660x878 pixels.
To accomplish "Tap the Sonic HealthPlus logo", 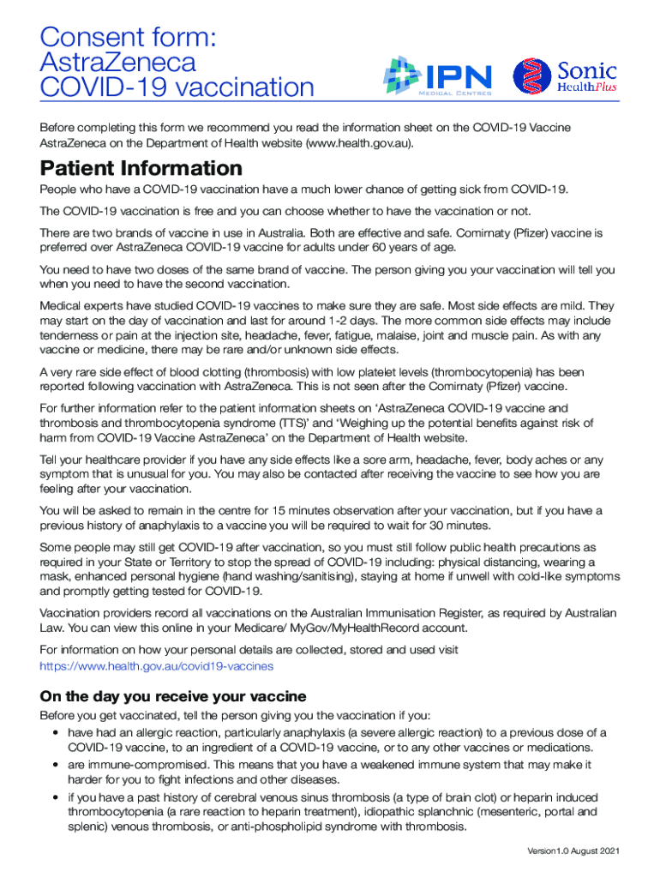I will pyautogui.click(x=565, y=76).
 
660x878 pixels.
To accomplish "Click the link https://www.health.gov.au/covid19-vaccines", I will pyautogui.click(x=157, y=665).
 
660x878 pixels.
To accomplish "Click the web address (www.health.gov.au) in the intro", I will pyautogui.click(x=359, y=142).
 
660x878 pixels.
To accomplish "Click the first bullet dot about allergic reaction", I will pyautogui.click(x=55, y=733).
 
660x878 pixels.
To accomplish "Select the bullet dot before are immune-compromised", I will pyautogui.click(x=55, y=765).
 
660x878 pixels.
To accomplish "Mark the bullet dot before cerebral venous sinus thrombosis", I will pyautogui.click(x=55, y=797).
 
